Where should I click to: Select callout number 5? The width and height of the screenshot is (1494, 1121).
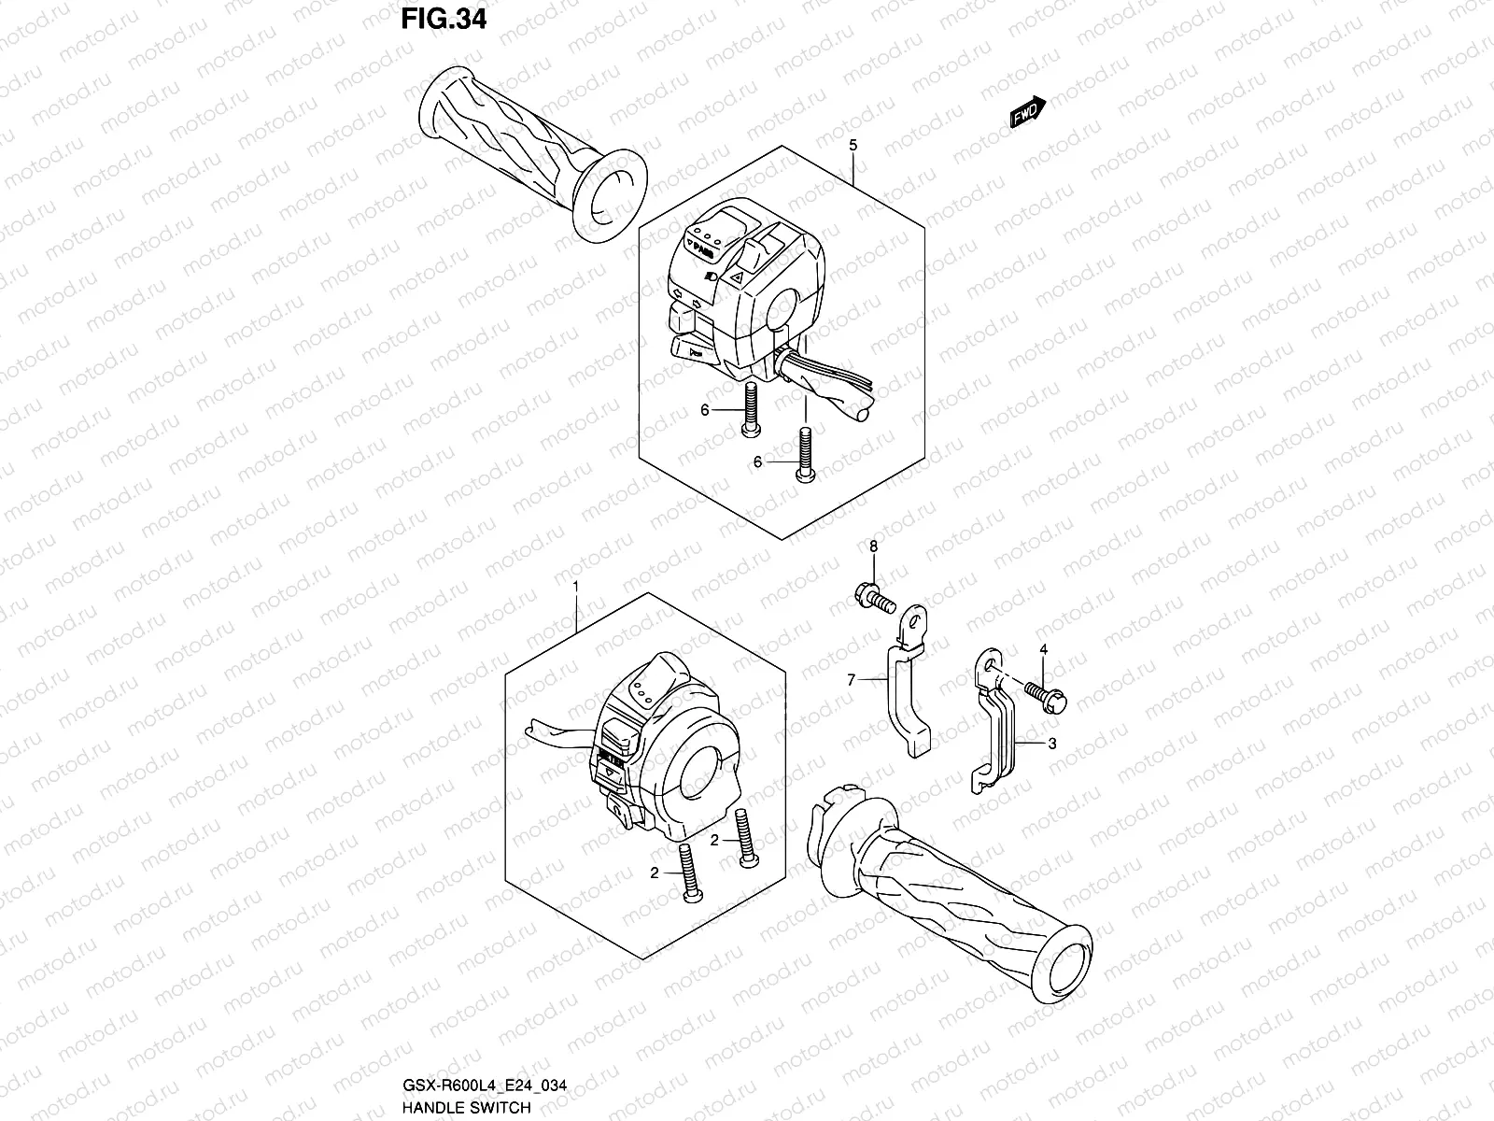(853, 145)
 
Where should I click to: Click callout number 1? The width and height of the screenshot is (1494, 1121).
(576, 587)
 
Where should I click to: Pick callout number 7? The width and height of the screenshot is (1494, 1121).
(851, 681)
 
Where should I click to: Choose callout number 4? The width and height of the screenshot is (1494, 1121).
(1044, 649)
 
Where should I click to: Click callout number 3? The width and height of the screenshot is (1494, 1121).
(1051, 744)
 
